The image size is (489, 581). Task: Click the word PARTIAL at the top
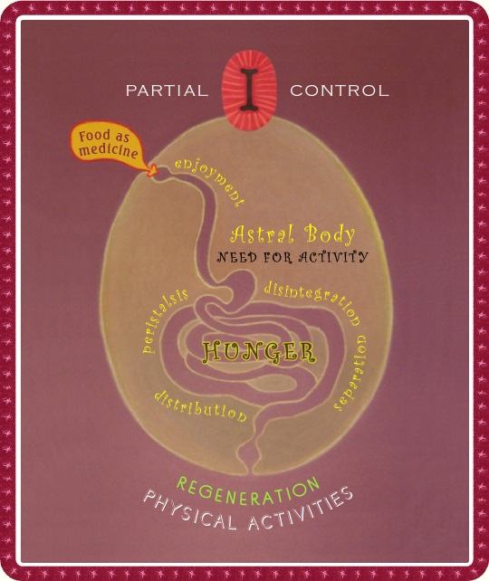pyautogui.click(x=167, y=90)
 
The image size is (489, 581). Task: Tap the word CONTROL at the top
pyautogui.click(x=340, y=90)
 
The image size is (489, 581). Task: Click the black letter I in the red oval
pyautogui.click(x=249, y=89)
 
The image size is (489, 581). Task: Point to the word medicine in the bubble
pyautogui.click(x=109, y=150)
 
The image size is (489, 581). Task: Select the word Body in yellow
pyautogui.click(x=330, y=234)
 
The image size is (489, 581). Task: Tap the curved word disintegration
pyautogui.click(x=312, y=301)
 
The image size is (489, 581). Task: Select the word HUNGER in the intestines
pyautogui.click(x=258, y=352)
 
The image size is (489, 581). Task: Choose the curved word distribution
pyautogui.click(x=200, y=406)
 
